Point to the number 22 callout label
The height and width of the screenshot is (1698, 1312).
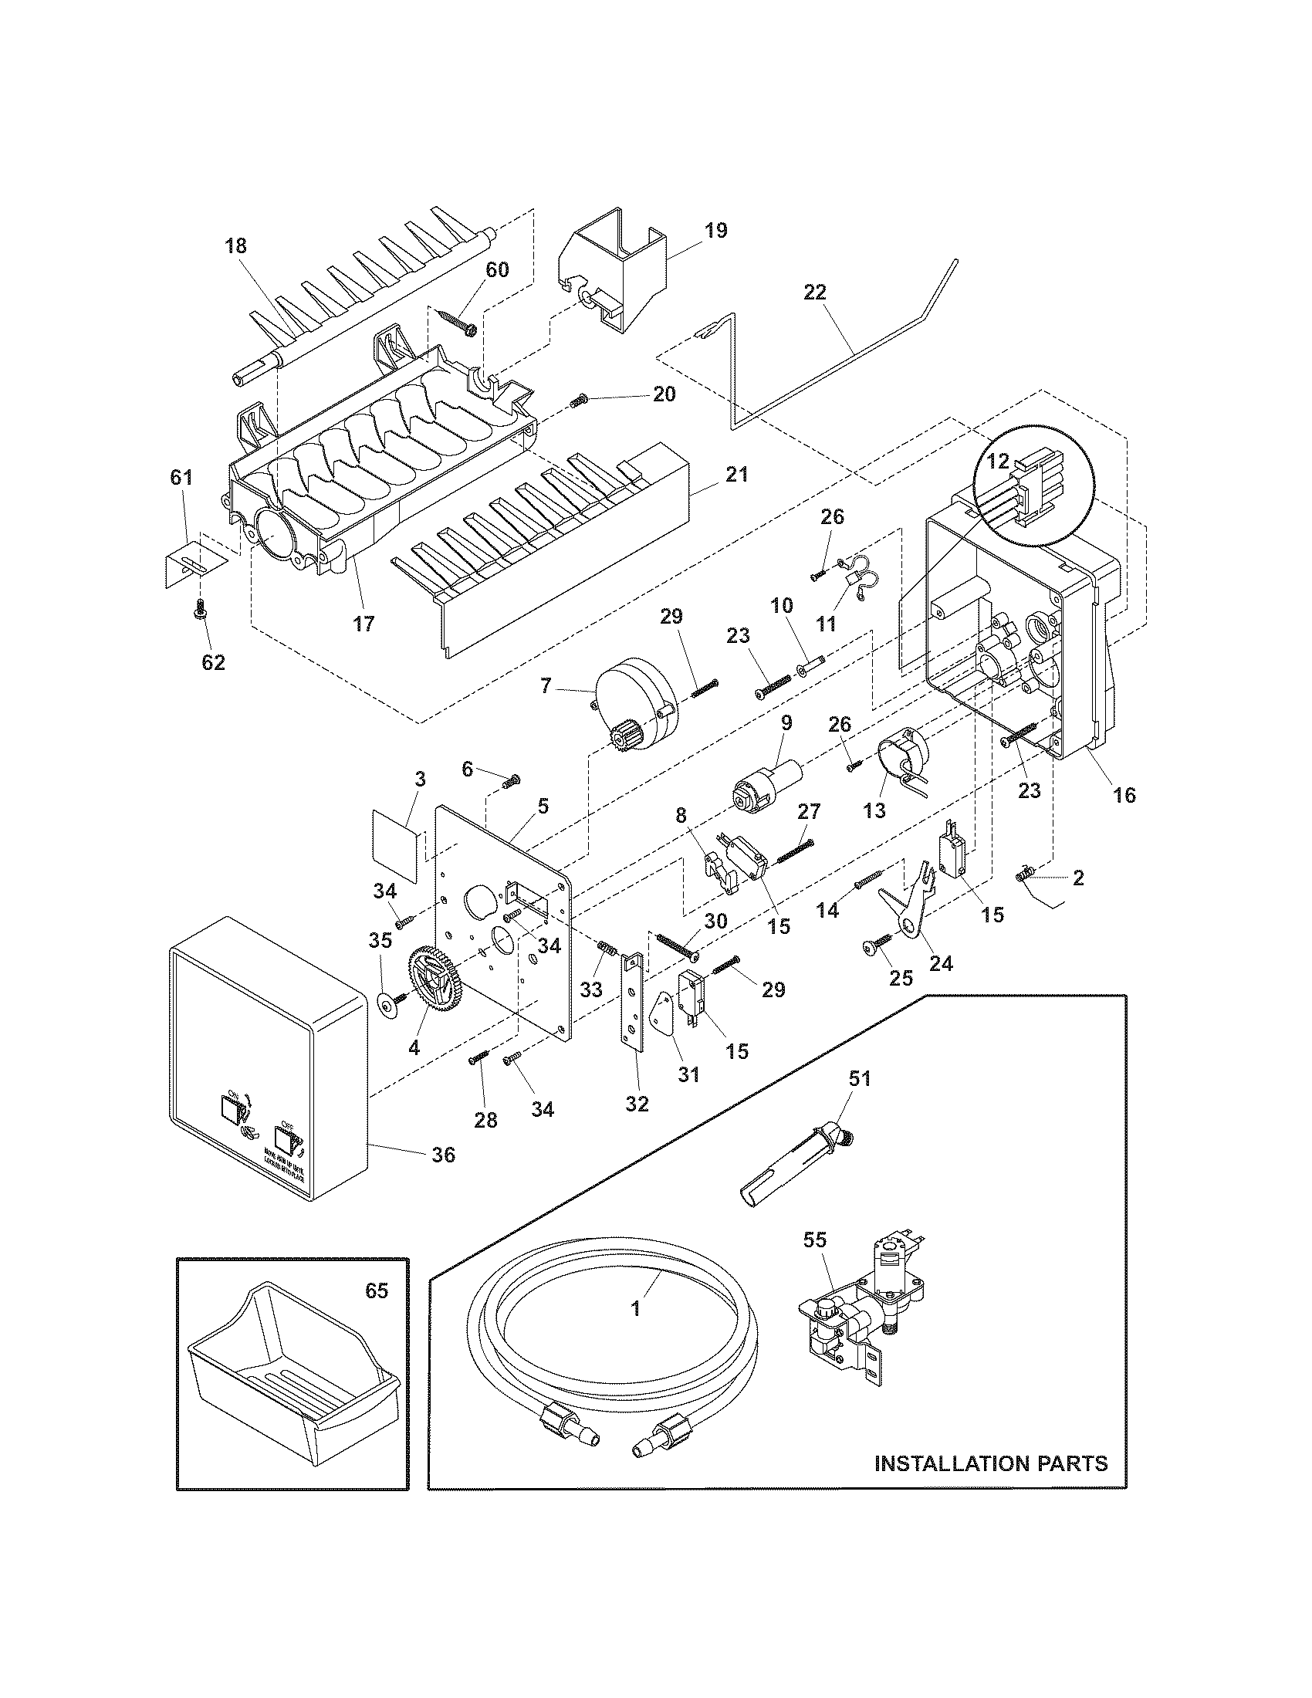(x=815, y=293)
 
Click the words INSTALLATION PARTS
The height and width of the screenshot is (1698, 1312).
(x=991, y=1463)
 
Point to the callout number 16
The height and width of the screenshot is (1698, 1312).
(x=1124, y=794)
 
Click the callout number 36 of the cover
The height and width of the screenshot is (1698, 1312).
(x=443, y=1176)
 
